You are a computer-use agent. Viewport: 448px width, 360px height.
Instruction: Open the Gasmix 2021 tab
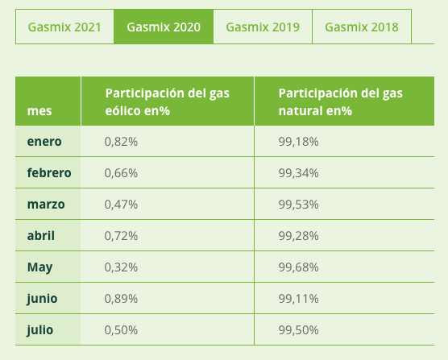64,27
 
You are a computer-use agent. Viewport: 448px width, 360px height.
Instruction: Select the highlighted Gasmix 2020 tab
164,27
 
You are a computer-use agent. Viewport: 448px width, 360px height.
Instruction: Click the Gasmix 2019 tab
263,27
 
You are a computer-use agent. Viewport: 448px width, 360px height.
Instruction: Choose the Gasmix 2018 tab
362,27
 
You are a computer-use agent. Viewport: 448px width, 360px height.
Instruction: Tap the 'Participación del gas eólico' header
167,101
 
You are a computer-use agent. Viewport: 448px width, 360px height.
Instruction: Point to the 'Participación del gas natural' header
341,101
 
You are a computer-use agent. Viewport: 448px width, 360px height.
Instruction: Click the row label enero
44,141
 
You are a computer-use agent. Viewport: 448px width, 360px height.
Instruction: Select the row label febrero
49,172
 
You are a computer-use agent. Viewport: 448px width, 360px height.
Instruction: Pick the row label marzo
46,204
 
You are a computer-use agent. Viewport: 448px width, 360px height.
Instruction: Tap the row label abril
42,235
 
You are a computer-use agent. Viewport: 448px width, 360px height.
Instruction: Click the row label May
39,267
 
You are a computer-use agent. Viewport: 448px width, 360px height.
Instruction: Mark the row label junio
42,298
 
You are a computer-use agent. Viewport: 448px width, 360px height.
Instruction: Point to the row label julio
40,329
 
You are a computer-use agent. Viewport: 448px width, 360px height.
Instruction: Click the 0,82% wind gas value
122,141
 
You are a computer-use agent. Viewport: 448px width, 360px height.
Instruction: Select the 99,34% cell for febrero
299,172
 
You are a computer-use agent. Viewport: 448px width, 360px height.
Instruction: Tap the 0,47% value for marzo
122,204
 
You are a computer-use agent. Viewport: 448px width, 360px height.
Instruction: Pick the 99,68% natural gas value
299,267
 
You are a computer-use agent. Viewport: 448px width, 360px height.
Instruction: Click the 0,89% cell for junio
122,298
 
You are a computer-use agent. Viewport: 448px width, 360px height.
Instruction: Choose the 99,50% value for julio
299,329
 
